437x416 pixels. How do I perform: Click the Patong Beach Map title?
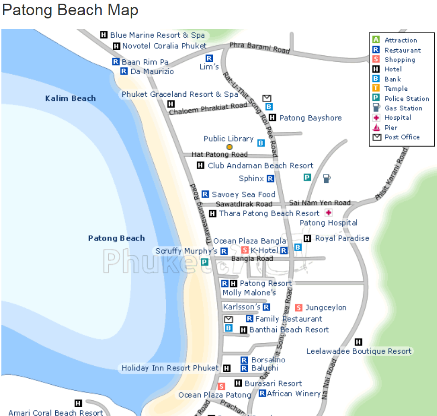[x=70, y=10]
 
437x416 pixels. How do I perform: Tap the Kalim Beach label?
[x=70, y=98]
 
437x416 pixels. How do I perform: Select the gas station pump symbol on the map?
[x=326, y=178]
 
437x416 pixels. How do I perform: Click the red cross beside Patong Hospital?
[x=329, y=212]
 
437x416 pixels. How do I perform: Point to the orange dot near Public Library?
[x=229, y=147]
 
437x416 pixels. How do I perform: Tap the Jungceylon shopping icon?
[x=298, y=308]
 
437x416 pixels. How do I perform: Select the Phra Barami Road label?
[x=260, y=47]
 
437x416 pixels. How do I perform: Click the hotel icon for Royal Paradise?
[x=308, y=238]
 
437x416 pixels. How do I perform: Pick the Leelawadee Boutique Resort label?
[x=359, y=351]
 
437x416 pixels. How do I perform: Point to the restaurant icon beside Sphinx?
[x=270, y=178]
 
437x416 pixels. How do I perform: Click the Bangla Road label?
[x=252, y=259]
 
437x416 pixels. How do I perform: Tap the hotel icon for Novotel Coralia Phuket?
[x=117, y=46]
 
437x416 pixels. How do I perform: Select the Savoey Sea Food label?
[x=244, y=194]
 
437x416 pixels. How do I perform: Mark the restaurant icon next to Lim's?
[x=209, y=58]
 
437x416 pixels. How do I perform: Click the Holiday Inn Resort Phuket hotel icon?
[x=227, y=368]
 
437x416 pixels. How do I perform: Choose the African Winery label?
[x=294, y=393]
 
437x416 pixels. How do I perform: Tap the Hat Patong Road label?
[x=220, y=154]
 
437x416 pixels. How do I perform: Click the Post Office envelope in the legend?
[x=376, y=137]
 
